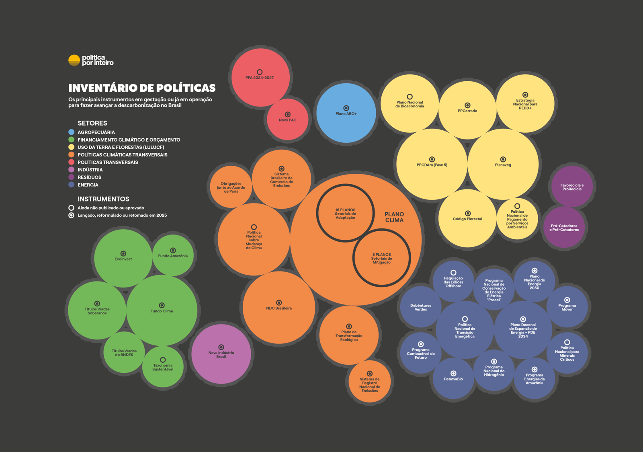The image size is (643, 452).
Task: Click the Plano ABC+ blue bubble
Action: pyautogui.click(x=346, y=113)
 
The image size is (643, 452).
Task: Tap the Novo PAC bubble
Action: pyautogui.click(x=288, y=119)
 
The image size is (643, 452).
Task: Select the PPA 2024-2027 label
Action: pyautogui.click(x=260, y=78)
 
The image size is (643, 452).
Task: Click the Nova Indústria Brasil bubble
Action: pyautogui.click(x=221, y=354)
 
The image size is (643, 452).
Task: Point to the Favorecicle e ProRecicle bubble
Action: pyautogui.click(x=572, y=187)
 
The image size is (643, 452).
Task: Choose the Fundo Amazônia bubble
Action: pyautogui.click(x=173, y=255)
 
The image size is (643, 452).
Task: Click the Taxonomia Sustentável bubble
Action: pyautogui.click(x=163, y=366)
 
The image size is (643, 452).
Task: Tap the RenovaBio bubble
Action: pyautogui.click(x=453, y=378)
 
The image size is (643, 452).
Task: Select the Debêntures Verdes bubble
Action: pyautogui.click(x=421, y=307)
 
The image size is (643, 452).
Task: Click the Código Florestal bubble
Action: pyautogui.click(x=467, y=218)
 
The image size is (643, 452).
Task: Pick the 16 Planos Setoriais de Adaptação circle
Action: pyautogui.click(x=345, y=213)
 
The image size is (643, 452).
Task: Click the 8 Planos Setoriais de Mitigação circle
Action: pyautogui.click(x=381, y=258)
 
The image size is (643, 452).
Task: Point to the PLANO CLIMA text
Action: pyautogui.click(x=394, y=217)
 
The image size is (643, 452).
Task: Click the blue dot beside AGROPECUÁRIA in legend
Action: pyautogui.click(x=72, y=132)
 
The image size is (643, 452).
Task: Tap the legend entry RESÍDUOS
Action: pyautogui.click(x=89, y=177)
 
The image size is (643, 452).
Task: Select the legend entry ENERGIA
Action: pyautogui.click(x=88, y=185)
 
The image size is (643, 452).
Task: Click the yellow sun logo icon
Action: pyautogui.click(x=74, y=60)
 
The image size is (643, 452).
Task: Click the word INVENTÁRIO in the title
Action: pyautogui.click(x=106, y=88)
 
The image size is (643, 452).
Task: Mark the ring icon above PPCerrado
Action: pyautogui.click(x=467, y=105)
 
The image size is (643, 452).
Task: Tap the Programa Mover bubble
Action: pyautogui.click(x=567, y=306)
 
